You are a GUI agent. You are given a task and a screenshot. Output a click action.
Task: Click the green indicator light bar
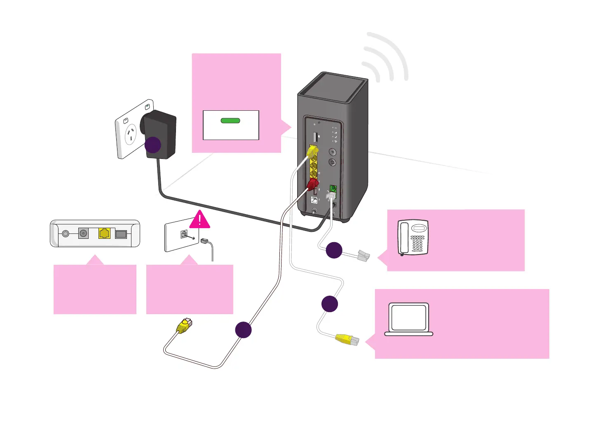point(230,121)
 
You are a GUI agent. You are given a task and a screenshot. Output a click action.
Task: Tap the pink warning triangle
point(200,220)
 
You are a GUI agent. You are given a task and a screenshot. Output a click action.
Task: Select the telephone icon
point(413,238)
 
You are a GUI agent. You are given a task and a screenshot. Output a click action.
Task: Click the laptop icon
point(409,320)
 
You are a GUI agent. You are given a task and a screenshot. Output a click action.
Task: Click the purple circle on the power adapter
point(152,145)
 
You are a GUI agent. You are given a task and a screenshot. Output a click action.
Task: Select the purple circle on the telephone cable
point(334,250)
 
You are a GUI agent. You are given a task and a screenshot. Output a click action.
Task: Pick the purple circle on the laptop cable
point(330,303)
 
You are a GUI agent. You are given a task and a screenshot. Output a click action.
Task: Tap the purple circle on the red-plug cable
point(243,330)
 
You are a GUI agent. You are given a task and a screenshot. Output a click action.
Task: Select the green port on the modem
point(333,189)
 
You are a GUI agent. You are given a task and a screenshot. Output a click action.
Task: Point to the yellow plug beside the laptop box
point(347,340)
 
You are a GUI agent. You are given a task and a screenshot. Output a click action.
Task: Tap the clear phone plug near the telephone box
point(363,256)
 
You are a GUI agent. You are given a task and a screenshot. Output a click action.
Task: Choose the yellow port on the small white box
point(104,233)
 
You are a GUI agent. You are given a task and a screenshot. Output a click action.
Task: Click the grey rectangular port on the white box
point(121,234)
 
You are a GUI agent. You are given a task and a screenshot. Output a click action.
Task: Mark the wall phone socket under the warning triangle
point(184,235)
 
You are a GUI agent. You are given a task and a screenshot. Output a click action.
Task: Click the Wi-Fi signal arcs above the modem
point(385,58)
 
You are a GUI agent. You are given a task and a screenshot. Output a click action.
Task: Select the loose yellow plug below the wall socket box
point(184,326)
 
